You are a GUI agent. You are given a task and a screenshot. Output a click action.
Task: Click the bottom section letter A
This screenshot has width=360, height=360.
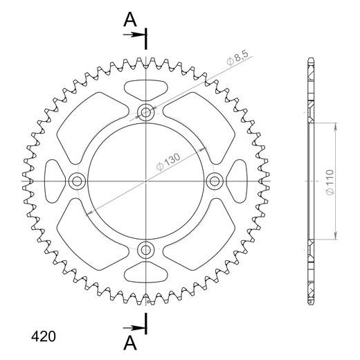(129, 343)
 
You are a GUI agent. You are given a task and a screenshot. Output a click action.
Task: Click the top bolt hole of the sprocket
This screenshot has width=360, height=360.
(146, 112)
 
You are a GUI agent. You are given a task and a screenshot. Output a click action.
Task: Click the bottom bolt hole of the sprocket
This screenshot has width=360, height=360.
(146, 249)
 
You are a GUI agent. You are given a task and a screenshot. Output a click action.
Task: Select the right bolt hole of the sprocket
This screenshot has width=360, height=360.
(214, 181)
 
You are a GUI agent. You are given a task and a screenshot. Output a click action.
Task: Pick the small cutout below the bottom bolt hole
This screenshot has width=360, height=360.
(146, 274)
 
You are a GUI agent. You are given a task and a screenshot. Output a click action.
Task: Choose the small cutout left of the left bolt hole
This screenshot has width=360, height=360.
(53, 181)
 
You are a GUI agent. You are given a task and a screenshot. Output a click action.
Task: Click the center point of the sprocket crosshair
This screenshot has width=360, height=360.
(146, 181)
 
